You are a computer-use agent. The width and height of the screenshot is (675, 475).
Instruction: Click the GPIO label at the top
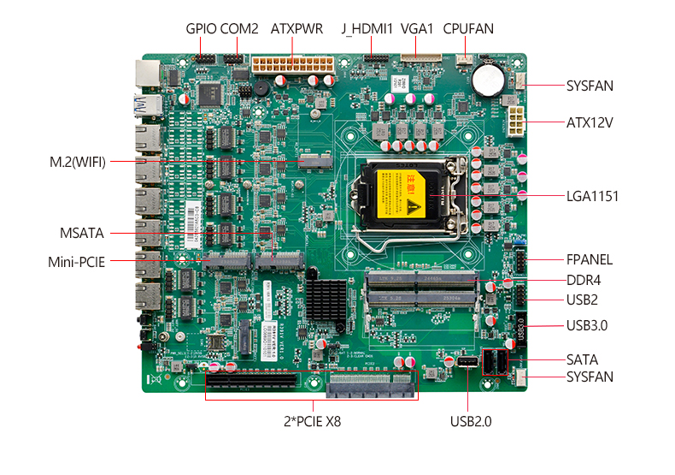click(x=202, y=28)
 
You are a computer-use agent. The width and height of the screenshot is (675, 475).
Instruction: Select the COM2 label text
click(x=239, y=28)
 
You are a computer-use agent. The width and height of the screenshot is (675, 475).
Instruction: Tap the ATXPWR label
click(x=296, y=28)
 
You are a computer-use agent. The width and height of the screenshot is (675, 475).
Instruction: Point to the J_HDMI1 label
click(x=367, y=28)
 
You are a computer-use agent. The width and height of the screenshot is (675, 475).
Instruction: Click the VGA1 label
click(x=418, y=28)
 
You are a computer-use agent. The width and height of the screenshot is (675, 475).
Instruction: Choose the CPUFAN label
click(x=468, y=28)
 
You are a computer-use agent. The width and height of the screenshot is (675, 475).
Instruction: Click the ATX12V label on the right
click(x=590, y=122)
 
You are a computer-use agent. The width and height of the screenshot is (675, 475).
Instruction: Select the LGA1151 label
click(x=592, y=197)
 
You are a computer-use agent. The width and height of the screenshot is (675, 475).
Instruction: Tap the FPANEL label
click(x=590, y=259)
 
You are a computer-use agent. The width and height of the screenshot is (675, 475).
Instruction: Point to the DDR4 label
click(x=583, y=279)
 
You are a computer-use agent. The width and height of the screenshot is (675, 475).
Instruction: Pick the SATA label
click(x=582, y=359)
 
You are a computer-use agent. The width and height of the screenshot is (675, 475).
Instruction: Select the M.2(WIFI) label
click(x=78, y=161)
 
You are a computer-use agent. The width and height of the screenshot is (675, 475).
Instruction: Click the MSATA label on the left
click(x=83, y=233)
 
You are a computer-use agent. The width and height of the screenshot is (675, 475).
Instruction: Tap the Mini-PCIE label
click(x=76, y=262)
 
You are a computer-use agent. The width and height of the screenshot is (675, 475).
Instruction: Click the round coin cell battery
click(x=490, y=80)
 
